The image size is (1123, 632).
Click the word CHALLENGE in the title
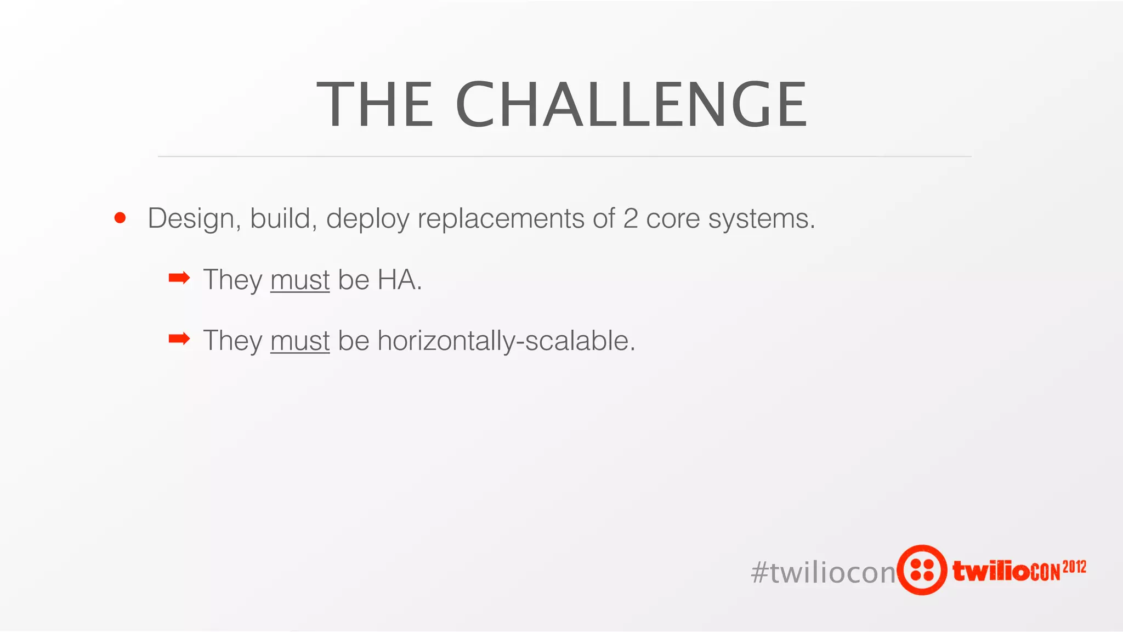(631, 104)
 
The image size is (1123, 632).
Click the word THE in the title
(375, 104)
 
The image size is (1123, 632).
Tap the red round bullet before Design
(120, 218)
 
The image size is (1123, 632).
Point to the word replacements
(501, 218)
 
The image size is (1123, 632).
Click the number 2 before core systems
(631, 218)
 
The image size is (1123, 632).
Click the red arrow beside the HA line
(179, 279)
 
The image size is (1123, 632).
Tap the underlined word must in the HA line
(300, 280)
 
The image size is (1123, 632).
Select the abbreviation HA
(399, 280)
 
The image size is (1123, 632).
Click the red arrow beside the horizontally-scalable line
(179, 339)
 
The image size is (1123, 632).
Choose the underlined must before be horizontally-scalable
(300, 341)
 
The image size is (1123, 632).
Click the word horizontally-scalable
(506, 341)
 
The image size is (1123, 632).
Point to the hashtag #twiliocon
(823, 572)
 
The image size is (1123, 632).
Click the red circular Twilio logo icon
(922, 569)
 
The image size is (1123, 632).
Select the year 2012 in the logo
(1074, 567)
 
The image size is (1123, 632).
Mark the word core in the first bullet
(673, 218)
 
